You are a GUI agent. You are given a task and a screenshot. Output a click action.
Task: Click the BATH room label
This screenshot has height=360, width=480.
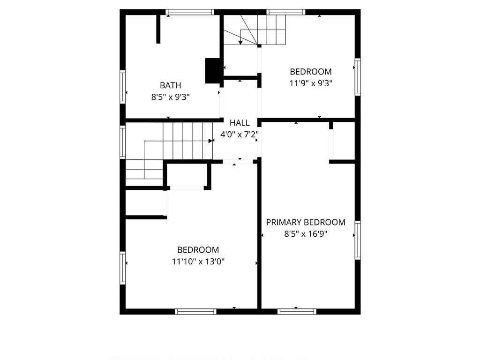171,85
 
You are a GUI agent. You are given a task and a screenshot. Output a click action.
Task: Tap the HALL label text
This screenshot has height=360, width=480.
240,123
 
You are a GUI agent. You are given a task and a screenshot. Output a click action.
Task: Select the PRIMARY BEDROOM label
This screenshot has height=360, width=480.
306,222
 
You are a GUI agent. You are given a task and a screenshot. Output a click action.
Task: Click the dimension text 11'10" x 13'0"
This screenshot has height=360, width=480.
198,262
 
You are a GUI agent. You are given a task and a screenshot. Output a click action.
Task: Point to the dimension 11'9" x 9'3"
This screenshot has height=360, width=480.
311,83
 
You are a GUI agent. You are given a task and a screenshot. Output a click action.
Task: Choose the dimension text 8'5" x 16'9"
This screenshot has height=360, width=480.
306,234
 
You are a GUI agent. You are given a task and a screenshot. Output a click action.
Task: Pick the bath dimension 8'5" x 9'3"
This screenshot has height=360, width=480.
171,97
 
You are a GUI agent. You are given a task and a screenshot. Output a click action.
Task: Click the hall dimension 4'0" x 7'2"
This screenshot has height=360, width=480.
240,135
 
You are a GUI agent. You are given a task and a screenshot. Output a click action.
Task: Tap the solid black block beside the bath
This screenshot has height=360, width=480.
212,71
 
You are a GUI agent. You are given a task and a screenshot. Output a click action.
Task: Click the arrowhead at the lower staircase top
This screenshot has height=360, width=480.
210,141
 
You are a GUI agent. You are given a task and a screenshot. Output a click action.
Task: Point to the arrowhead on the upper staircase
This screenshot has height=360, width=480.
240,42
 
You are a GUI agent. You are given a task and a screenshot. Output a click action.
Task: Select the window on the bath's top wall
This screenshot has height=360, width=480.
190,12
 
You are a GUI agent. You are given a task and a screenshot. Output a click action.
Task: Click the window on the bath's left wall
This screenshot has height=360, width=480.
122,87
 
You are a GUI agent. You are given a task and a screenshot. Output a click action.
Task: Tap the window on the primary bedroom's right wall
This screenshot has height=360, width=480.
358,240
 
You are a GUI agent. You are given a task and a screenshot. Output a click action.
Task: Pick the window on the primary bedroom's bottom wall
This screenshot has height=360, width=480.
297,312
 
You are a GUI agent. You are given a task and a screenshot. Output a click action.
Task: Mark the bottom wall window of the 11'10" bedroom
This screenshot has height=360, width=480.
195,312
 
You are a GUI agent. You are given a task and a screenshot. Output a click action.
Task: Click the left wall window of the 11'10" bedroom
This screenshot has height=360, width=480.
122,268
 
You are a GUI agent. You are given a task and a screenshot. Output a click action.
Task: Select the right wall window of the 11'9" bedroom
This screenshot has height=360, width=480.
358,77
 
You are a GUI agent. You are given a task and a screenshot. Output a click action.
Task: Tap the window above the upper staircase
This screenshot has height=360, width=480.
285,12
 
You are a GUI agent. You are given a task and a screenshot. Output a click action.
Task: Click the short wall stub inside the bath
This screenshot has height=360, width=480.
158,29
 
